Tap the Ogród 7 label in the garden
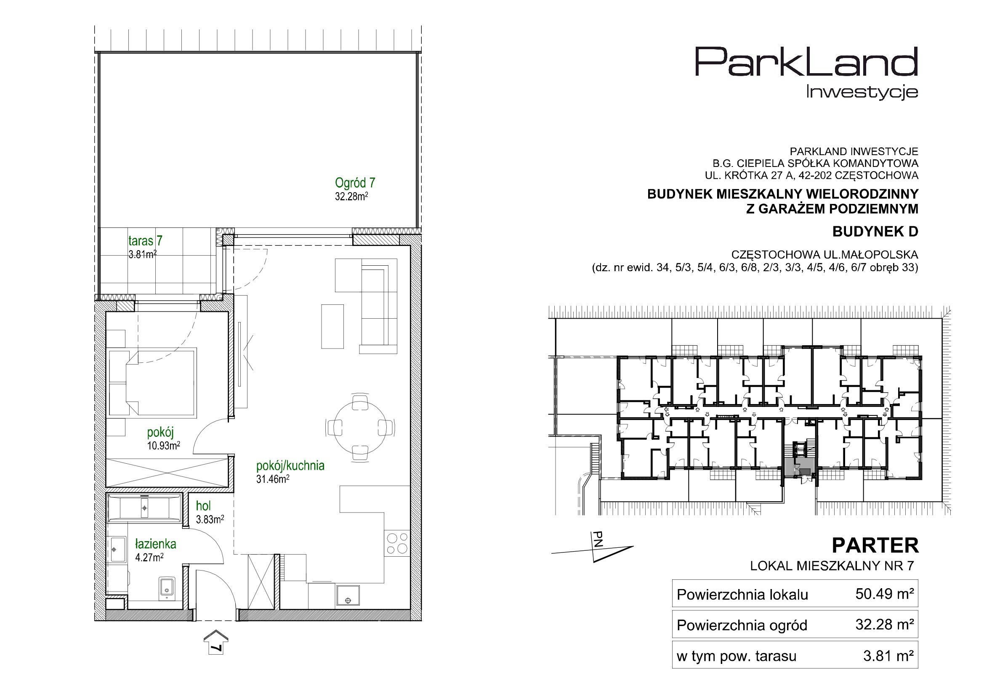(355, 183)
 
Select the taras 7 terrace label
(145, 240)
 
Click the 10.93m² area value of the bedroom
(163, 446)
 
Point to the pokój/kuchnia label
(290, 466)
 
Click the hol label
(203, 506)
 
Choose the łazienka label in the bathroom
(156, 544)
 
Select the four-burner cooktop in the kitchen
(397, 543)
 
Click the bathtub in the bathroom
(144, 508)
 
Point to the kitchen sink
(348, 595)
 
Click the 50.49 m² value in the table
(885, 594)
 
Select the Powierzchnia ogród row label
(742, 625)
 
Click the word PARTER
(875, 546)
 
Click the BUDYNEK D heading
(875, 232)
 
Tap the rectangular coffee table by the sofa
(332, 326)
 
